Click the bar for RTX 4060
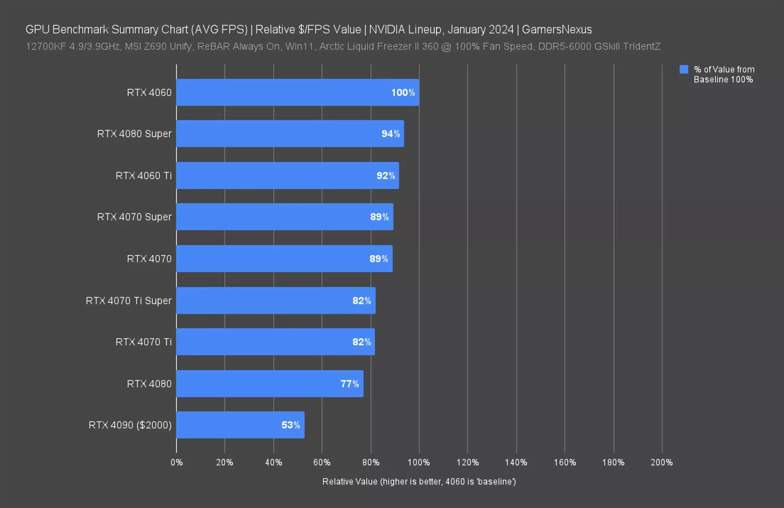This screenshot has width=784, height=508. pos(297,93)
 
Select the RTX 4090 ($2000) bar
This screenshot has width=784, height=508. pos(240,425)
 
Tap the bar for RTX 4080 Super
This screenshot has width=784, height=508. pos(290,134)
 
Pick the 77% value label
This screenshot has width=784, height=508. pos(350,384)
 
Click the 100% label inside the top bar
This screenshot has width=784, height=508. pos(403,93)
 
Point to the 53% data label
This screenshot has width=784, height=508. pos(290,425)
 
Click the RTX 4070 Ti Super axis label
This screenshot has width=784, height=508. pos(129,301)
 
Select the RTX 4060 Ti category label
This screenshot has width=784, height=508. pos(143,176)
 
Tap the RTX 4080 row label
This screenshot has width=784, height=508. pos(149,384)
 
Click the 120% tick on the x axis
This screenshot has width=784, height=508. pos(468,462)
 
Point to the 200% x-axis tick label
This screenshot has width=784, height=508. pos(662,462)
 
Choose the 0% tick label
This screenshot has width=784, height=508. pos(177,462)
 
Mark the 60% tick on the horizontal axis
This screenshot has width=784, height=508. pos(322,462)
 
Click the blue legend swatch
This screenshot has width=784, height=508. pos(684,69)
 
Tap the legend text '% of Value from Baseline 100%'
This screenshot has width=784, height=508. pos(724,75)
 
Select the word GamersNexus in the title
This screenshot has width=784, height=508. pos(557,29)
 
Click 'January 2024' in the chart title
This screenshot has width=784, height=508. pos(481,29)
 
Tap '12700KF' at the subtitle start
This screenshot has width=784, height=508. pos(46,46)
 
